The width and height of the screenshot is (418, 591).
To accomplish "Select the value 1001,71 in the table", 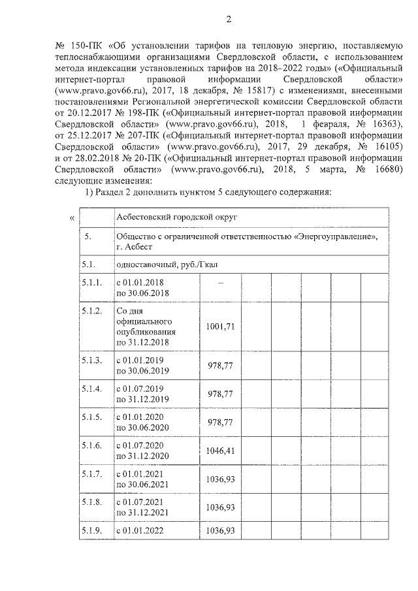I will [219, 326].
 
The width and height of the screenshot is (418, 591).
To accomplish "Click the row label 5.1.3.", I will [92, 360].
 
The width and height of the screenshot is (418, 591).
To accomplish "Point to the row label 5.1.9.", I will [92, 530].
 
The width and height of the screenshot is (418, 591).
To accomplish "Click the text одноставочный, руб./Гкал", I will [166, 266].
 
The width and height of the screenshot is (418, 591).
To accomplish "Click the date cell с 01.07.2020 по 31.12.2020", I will [143, 450].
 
